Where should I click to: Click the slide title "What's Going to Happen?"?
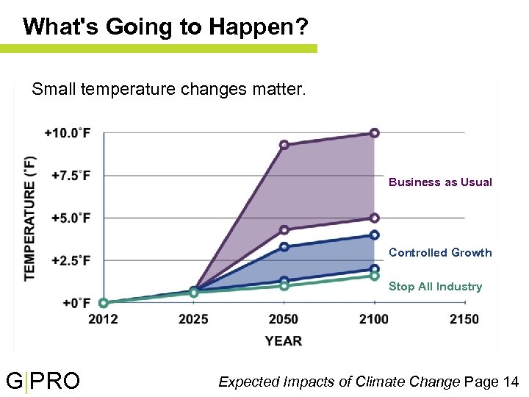coord(165,27)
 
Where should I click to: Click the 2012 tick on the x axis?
coord(104,319)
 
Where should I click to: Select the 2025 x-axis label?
coord(193,319)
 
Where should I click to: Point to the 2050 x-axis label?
coord(284,319)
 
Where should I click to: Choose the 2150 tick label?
coord(464,319)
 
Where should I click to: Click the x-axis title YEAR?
coord(284,340)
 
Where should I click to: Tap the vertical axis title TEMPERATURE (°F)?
coord(30,218)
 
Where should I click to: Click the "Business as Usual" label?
coord(440,182)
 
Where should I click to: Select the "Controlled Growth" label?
coord(440,253)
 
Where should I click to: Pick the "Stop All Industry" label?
coord(435,287)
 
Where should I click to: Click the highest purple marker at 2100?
coord(374,133)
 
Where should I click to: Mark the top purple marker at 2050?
coord(284,145)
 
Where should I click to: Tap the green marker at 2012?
coord(104,303)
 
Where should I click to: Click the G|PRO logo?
coord(43,382)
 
